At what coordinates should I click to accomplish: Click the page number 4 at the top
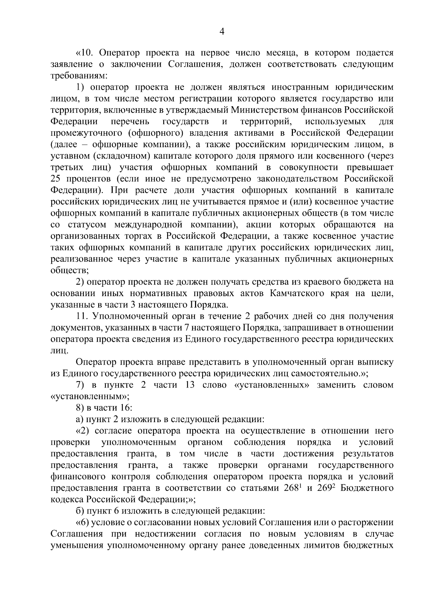point(222,32)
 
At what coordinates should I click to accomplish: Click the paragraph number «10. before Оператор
point(85,53)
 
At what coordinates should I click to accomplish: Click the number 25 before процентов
point(56,179)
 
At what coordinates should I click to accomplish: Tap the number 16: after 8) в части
point(126,408)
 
